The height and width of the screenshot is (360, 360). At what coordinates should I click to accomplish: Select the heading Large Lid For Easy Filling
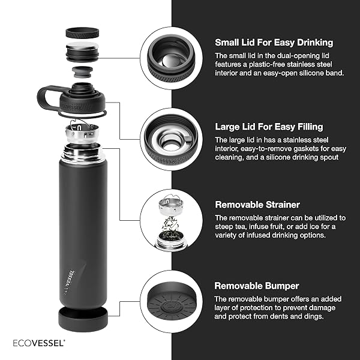(269, 127)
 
